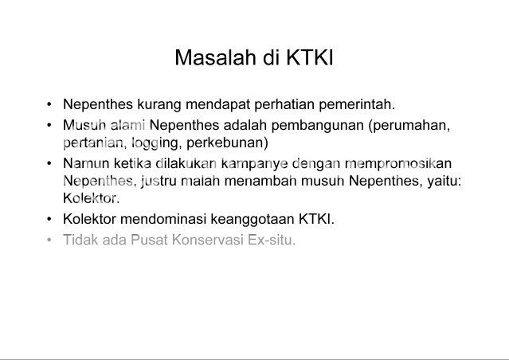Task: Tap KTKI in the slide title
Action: click(x=310, y=57)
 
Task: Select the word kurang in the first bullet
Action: click(x=159, y=105)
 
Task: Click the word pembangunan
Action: click(x=318, y=125)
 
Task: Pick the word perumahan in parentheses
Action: click(x=409, y=125)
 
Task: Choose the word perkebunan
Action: click(x=227, y=143)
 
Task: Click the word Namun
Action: click(x=86, y=163)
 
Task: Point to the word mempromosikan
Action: click(x=398, y=163)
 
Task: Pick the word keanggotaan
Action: click(x=253, y=220)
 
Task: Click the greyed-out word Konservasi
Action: click(x=208, y=240)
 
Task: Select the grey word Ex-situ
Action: click(x=272, y=240)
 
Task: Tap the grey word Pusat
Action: click(x=149, y=240)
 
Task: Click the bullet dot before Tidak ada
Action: click(x=49, y=241)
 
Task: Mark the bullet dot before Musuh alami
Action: click(x=49, y=125)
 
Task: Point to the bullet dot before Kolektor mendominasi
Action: click(x=49, y=219)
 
